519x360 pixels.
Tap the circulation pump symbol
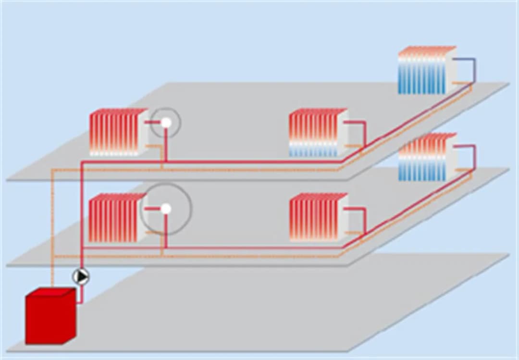(81, 277)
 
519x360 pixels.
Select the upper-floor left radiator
(118, 132)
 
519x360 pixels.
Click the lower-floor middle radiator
(318, 217)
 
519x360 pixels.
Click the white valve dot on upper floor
(166, 123)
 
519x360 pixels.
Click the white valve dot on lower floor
(166, 209)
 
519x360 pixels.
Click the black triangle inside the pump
(82, 277)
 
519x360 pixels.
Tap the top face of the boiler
(50, 292)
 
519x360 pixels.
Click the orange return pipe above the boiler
(52, 231)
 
